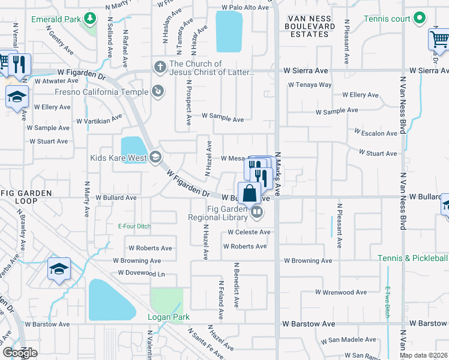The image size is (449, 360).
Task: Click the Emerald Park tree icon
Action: [90, 19]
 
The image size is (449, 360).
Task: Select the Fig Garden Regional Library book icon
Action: [257, 211]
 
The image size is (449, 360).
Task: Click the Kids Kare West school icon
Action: [155, 157]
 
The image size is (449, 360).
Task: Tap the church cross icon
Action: [160, 67]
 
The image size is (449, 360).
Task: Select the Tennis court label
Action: [387, 19]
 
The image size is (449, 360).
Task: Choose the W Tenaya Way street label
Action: [310, 85]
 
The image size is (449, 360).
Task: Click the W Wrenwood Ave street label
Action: [341, 292]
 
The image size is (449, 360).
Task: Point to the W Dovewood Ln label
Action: [141, 273]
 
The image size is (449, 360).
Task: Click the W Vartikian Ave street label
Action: [100, 121]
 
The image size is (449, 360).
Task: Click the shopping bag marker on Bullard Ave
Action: [251, 193]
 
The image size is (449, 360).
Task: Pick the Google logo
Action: [20, 352]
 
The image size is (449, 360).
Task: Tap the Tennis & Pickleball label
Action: [413, 258]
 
